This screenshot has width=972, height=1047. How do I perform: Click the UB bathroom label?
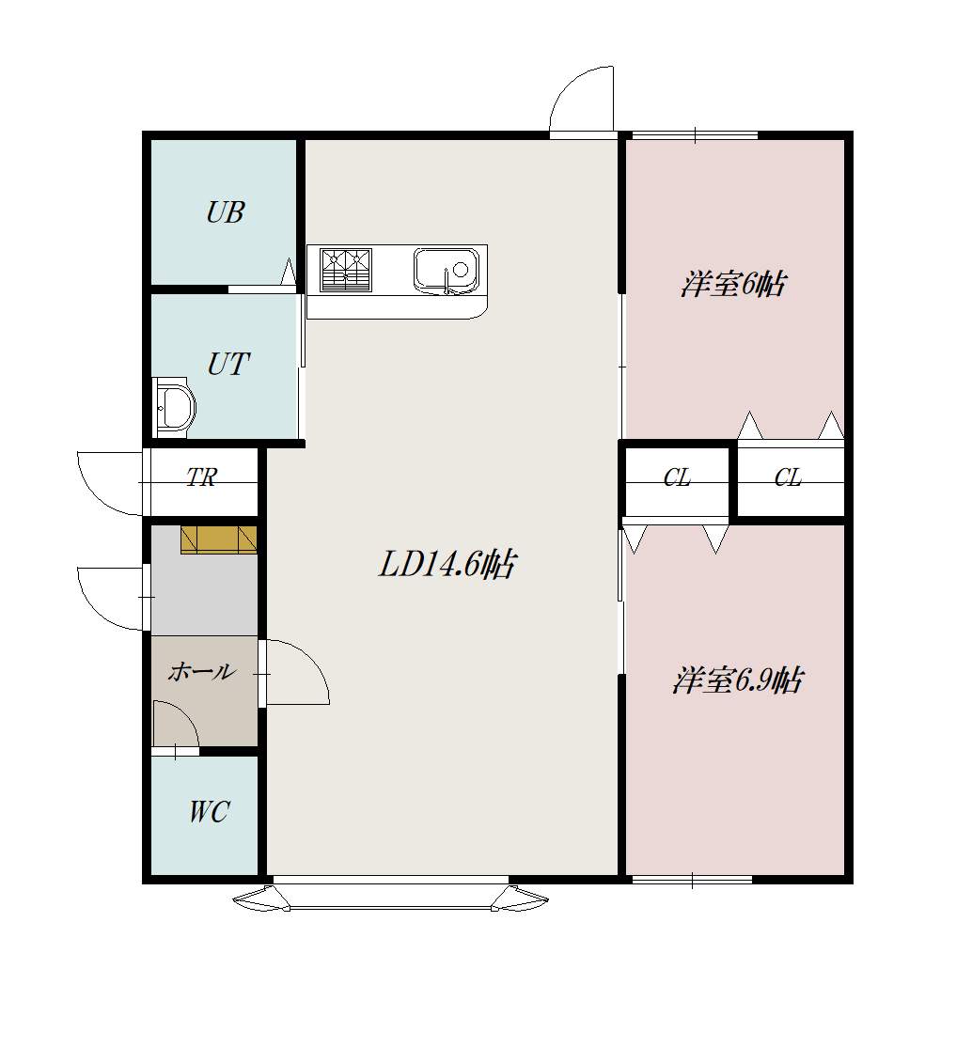pyautogui.click(x=225, y=212)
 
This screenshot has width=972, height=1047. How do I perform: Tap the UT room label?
pyautogui.click(x=228, y=365)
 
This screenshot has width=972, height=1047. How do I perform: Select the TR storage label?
pyautogui.click(x=201, y=477)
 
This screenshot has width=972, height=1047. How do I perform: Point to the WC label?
pyautogui.click(x=209, y=812)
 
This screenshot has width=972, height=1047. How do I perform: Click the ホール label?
pyautogui.click(x=202, y=671)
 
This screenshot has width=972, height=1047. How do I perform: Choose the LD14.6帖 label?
pyautogui.click(x=447, y=565)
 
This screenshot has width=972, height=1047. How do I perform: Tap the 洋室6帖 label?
pyautogui.click(x=733, y=285)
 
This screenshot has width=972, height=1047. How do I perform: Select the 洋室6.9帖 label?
pyautogui.click(x=738, y=680)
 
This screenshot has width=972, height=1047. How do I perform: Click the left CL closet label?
pyautogui.click(x=677, y=478)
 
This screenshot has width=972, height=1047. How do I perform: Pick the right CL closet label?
pyautogui.click(x=789, y=478)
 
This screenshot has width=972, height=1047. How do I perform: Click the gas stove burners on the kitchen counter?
pyautogui.click(x=345, y=271)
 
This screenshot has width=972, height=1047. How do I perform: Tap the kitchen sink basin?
pyautogui.click(x=447, y=271)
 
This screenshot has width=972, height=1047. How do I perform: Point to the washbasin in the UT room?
pyautogui.click(x=174, y=406)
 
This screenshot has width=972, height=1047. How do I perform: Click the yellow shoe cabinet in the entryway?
pyautogui.click(x=218, y=540)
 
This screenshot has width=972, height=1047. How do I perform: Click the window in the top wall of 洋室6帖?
pyautogui.click(x=695, y=135)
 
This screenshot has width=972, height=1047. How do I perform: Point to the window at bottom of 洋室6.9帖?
pyautogui.click(x=692, y=880)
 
